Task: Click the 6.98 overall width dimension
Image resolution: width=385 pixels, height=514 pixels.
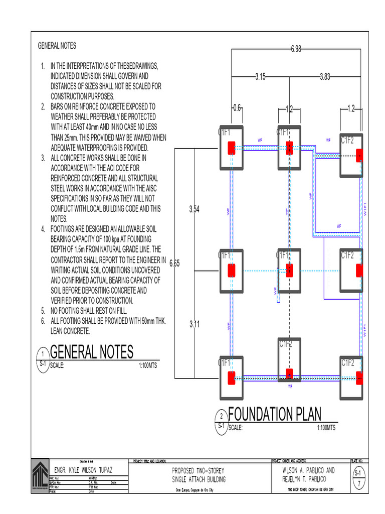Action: pos(295,49)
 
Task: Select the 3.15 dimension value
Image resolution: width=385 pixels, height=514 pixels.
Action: pos(260,77)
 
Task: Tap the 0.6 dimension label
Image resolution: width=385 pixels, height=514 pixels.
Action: pos(237,108)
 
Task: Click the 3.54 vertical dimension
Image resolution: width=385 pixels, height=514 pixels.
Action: pos(194,209)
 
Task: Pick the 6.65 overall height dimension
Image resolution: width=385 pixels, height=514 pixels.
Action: pos(174,263)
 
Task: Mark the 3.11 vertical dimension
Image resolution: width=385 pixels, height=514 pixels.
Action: pos(194,324)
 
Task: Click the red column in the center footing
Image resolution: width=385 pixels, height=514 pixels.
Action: pos(289,271)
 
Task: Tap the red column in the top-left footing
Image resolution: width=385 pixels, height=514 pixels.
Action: pos(232,148)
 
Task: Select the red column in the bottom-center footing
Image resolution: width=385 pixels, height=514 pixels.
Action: pos(289,373)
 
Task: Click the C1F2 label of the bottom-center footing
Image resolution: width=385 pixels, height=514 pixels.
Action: pos(285,344)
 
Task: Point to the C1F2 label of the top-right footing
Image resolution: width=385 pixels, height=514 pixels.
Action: pos(347,140)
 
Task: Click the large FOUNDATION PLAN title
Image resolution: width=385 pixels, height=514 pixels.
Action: pos(275,414)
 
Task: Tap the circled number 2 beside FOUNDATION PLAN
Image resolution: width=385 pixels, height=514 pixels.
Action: pos(221,416)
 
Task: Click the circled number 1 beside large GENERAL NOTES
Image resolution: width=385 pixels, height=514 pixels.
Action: pos(43,354)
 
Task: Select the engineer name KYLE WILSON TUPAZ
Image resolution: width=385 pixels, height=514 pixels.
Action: pos(83,469)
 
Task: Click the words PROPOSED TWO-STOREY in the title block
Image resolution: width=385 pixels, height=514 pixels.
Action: pos(198,471)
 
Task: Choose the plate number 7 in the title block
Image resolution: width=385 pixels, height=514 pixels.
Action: pos(358,484)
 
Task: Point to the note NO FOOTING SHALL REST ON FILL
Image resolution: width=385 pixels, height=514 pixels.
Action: pos(92,311)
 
